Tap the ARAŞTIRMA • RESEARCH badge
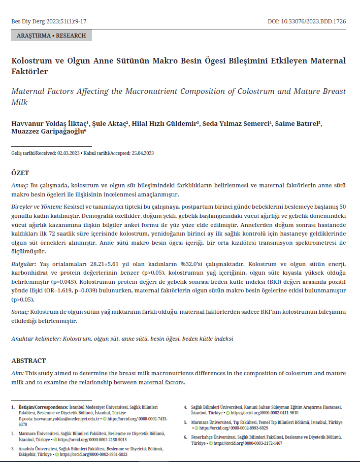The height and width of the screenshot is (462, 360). (51, 36)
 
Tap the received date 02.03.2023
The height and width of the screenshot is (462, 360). (69, 153)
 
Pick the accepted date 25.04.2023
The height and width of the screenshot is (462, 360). (142, 153)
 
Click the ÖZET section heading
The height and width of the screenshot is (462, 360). (20, 173)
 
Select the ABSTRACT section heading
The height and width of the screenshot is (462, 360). (28, 361)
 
